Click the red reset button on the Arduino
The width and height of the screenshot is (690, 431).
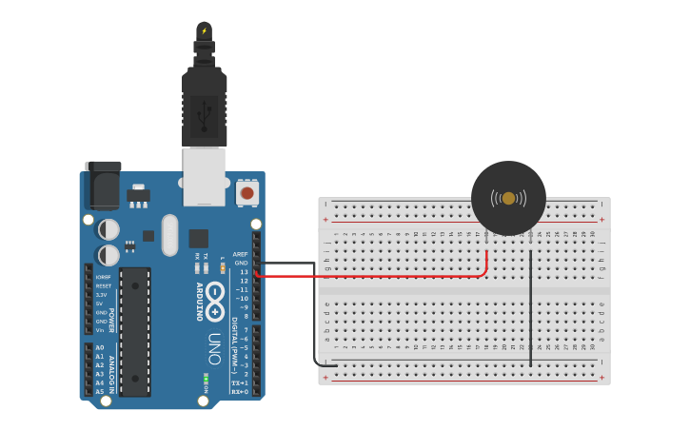coord(247,193)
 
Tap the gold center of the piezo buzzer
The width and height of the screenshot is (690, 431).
coord(508,198)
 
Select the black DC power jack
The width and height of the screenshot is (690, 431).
coord(103,186)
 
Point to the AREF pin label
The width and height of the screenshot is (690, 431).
coord(240,254)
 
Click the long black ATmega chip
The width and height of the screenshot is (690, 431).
coord(135,331)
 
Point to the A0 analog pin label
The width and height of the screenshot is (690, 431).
coord(100,348)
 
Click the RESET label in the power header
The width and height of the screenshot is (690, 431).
coord(103,285)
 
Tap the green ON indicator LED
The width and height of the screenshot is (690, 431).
coord(206,379)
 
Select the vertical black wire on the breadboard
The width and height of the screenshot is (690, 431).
coord(530,304)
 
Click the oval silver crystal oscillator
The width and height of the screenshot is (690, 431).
coord(169,235)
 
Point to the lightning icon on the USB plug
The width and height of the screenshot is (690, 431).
coord(204,30)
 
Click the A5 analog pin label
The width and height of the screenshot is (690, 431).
coord(100,391)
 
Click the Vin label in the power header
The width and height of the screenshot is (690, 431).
coord(100,329)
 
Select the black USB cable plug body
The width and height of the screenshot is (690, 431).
coord(205,105)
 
